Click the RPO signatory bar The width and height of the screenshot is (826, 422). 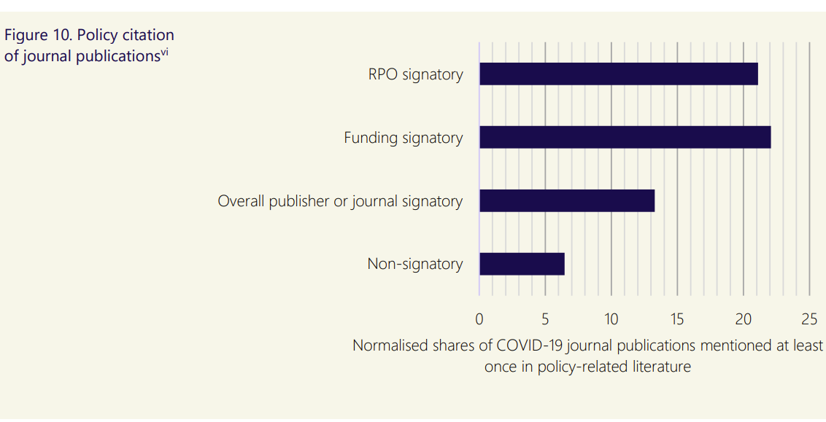[x=618, y=74]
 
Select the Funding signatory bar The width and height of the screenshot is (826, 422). [x=625, y=138]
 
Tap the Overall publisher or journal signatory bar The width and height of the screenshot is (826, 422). [x=566, y=201]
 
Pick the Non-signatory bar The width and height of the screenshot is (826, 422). [x=522, y=264]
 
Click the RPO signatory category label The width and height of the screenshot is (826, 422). [x=415, y=74]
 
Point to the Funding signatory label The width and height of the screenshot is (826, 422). [x=403, y=138]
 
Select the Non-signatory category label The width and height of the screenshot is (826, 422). [x=414, y=264]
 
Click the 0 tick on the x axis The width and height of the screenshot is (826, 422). [x=479, y=319]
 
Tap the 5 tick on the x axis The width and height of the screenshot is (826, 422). [x=545, y=319]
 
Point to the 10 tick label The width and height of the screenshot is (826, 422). [x=611, y=319]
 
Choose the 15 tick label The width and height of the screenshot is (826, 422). [x=677, y=319]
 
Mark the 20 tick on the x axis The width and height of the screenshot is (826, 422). [x=743, y=319]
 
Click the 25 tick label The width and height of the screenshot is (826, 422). [x=809, y=319]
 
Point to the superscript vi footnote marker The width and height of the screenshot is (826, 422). [x=164, y=52]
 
